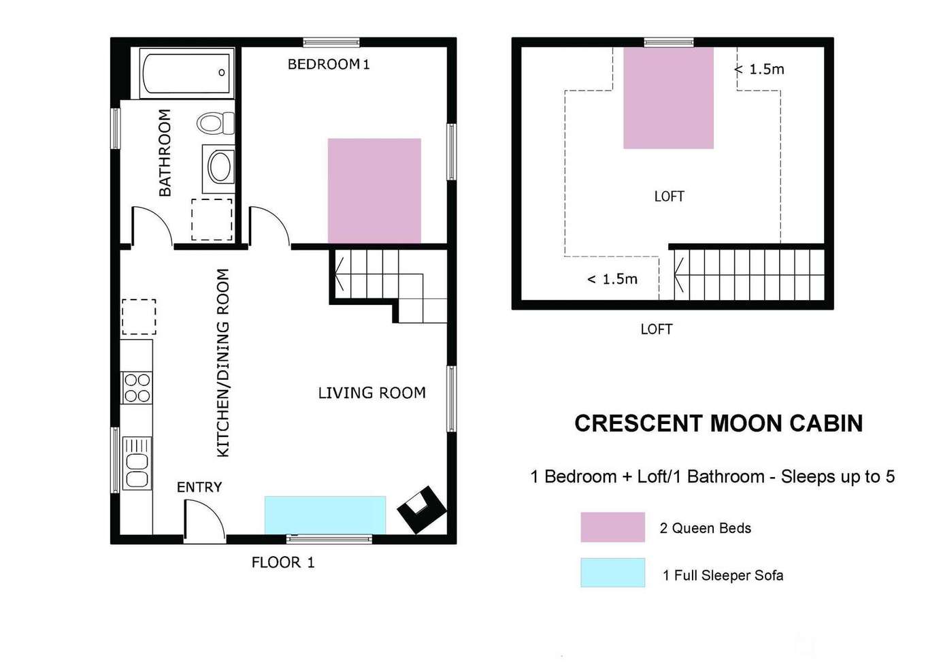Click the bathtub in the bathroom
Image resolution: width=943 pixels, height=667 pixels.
(186, 73)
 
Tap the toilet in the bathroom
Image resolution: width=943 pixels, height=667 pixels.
(216, 123)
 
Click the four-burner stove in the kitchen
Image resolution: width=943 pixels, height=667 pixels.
(136, 388)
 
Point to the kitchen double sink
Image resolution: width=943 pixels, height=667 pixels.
(137, 463)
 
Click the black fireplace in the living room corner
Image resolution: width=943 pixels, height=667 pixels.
(421, 510)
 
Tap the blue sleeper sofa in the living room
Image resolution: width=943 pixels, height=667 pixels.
(325, 515)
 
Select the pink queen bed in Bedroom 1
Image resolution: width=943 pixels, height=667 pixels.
(374, 191)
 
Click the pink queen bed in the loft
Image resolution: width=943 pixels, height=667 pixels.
(668, 98)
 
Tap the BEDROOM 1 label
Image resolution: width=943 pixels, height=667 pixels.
(329, 65)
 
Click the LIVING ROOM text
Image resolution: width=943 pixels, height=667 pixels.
(371, 393)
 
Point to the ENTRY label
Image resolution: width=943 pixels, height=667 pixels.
(199, 487)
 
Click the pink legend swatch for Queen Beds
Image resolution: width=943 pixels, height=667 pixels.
(612, 527)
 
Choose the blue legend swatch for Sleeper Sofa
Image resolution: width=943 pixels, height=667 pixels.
(612, 572)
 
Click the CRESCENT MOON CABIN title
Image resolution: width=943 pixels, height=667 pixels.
(718, 423)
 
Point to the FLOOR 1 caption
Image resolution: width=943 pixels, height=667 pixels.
(283, 563)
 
